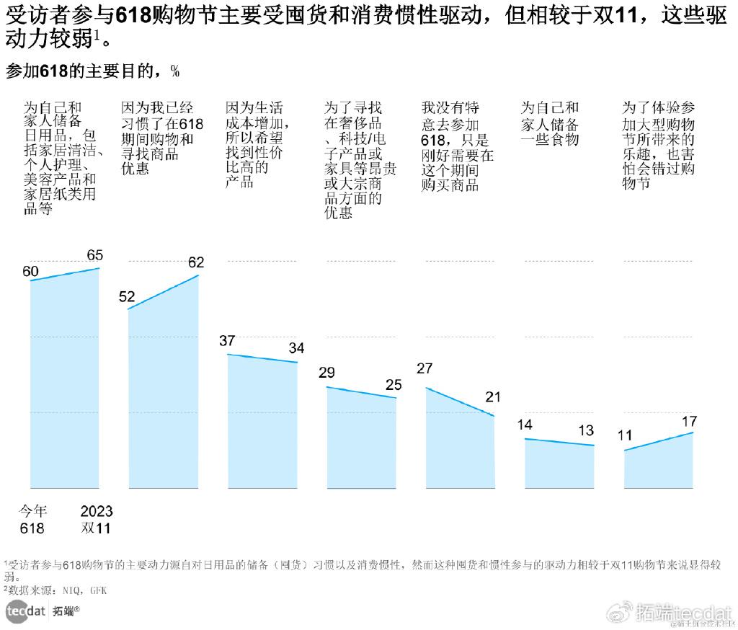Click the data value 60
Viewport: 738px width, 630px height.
[x=30, y=272]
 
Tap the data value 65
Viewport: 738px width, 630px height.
[x=95, y=255]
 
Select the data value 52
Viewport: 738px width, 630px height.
[x=127, y=296]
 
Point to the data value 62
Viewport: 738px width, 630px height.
[x=196, y=262]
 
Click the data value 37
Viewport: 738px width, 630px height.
[x=227, y=341]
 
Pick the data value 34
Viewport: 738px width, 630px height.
[x=296, y=348]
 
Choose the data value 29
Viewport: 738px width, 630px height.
[x=326, y=373]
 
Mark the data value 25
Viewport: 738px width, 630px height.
[x=394, y=385]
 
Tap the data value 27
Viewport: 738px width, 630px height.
[x=424, y=368]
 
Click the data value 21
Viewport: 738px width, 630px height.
[x=493, y=397]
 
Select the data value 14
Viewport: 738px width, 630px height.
[x=525, y=425]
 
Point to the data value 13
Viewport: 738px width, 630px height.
[x=586, y=431]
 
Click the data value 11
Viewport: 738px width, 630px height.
[x=624, y=435]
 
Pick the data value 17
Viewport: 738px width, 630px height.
[x=689, y=421]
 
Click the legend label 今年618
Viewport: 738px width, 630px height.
[x=32, y=520]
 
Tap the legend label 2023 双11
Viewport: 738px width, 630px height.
[x=97, y=520]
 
